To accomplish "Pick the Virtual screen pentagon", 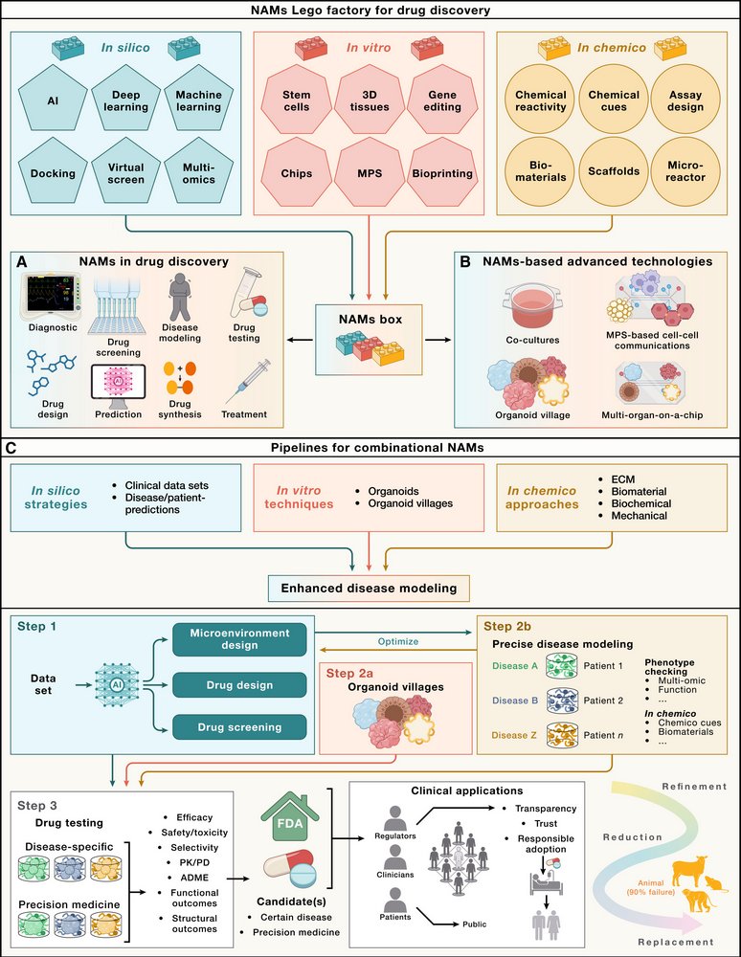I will click(126, 173).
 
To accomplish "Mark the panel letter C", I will click(11, 446).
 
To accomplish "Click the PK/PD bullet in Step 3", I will click(189, 865).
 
